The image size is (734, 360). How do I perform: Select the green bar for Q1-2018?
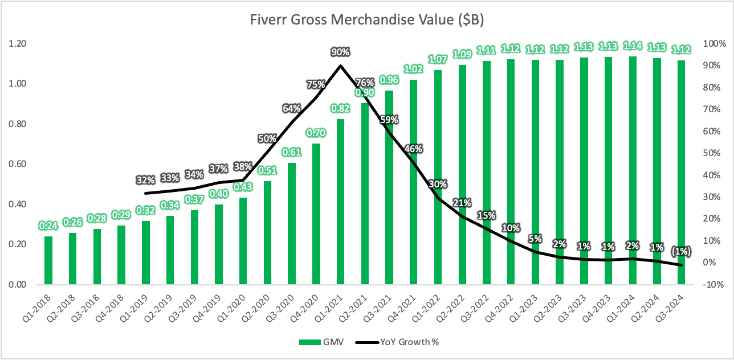coord(48,260)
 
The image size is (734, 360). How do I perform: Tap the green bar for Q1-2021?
coord(340,202)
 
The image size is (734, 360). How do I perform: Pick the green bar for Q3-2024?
coord(681,172)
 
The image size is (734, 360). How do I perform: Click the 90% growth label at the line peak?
coord(340,52)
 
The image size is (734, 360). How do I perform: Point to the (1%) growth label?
coord(681,251)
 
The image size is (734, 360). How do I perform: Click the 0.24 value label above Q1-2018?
coord(48,226)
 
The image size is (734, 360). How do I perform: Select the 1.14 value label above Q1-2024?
coord(633,46)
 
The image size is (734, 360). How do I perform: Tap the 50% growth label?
coord(267,138)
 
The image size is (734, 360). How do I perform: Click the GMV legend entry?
coord(321,342)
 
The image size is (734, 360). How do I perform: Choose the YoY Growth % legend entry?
coord(397,342)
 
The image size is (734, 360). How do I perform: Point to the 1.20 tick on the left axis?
coord(17,43)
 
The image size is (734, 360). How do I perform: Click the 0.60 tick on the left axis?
coord(17,164)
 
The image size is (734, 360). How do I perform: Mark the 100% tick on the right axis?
coord(715,43)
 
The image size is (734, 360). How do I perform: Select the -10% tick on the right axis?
coord(713,284)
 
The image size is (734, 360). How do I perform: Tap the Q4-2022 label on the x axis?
coord(500,308)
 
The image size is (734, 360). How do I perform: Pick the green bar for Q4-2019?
coord(219,244)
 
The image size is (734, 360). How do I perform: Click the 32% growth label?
coord(145,180)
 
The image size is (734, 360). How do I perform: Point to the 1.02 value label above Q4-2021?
coord(414,69)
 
